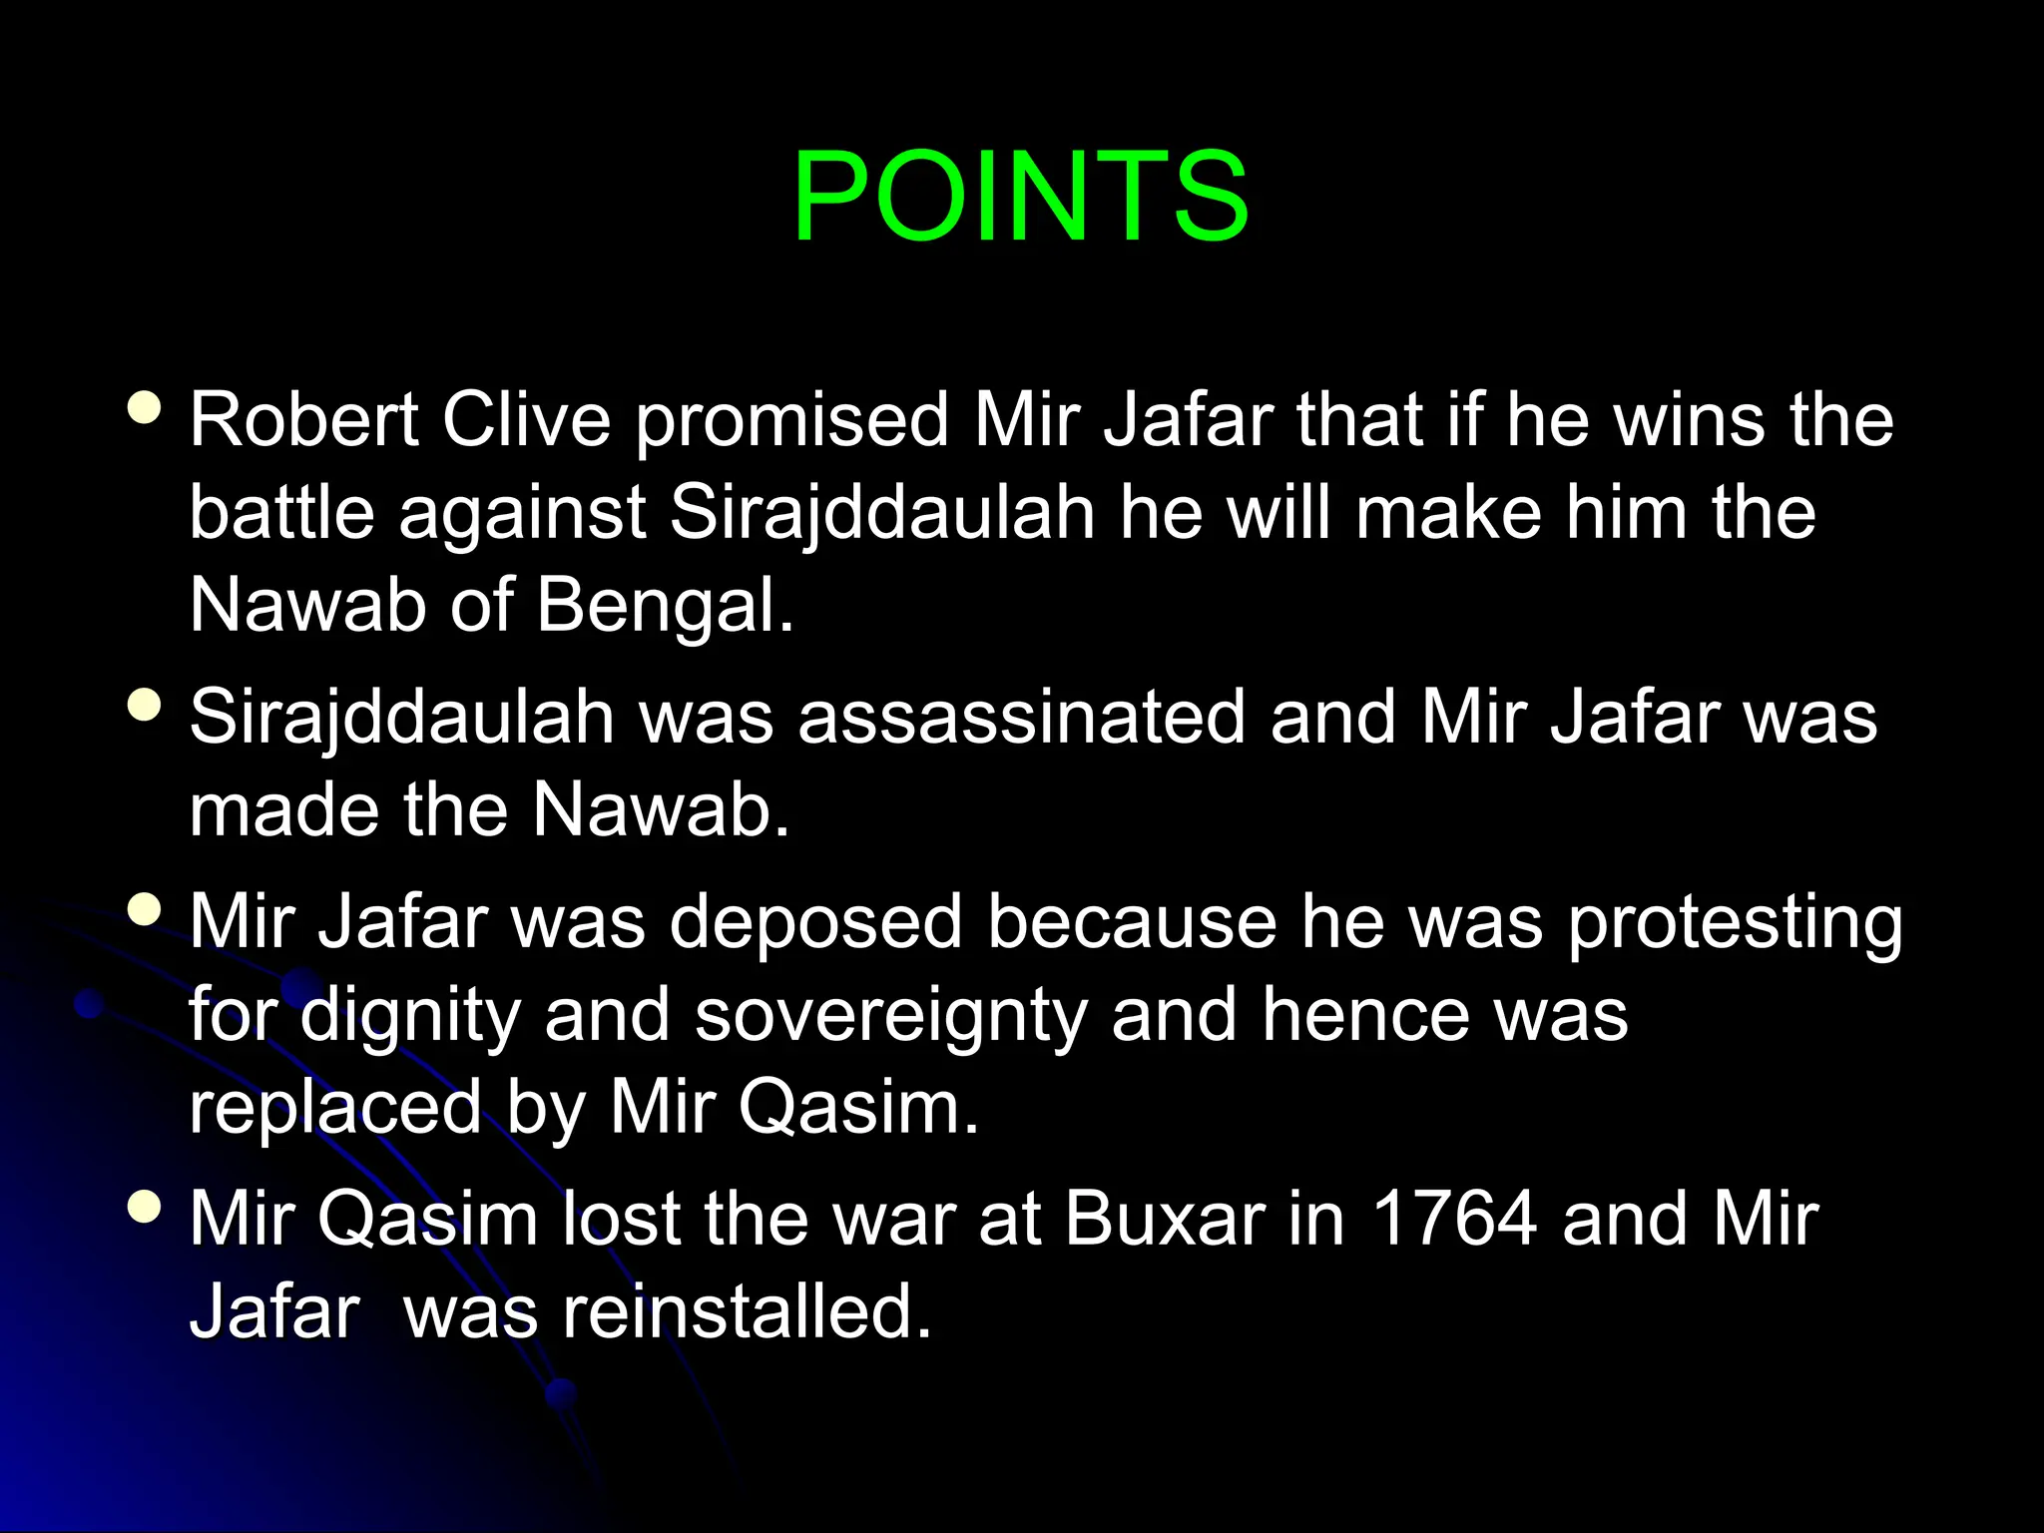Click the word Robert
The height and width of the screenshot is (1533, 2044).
[303, 419]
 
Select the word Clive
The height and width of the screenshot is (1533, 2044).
[526, 419]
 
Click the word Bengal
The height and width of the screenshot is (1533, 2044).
[665, 607]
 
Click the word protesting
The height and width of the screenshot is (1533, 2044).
[1735, 924]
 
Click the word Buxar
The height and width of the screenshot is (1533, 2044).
[1164, 1219]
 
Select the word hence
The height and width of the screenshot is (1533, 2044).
[1364, 1016]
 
